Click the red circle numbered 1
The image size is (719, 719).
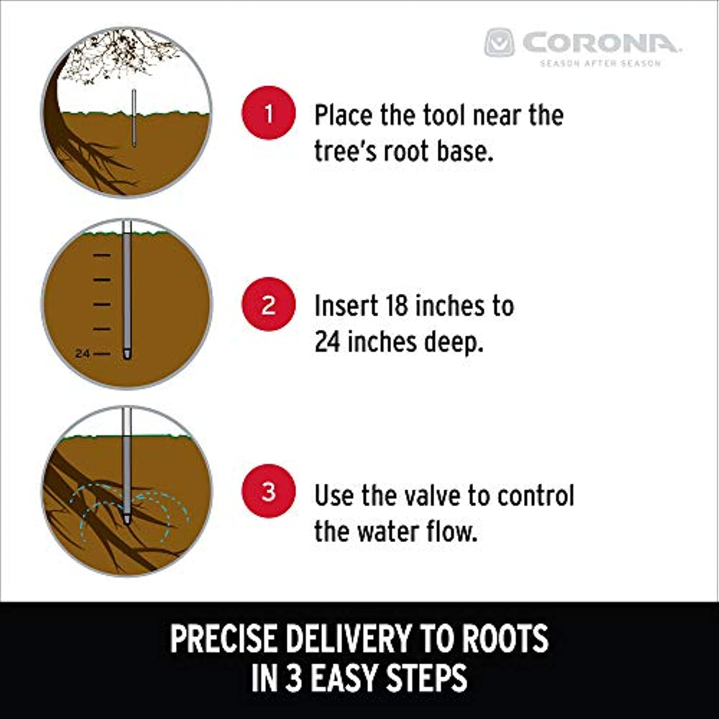(268, 113)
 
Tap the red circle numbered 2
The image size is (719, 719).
(268, 304)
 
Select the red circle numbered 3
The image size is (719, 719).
(268, 491)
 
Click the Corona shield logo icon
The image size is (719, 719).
(499, 43)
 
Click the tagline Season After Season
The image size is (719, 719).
(601, 63)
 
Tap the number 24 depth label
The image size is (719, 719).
(82, 354)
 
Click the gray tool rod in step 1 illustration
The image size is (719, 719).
(134, 117)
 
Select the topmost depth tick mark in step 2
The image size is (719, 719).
(102, 255)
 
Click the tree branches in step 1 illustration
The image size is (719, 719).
(120, 53)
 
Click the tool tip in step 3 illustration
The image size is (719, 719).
(127, 521)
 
